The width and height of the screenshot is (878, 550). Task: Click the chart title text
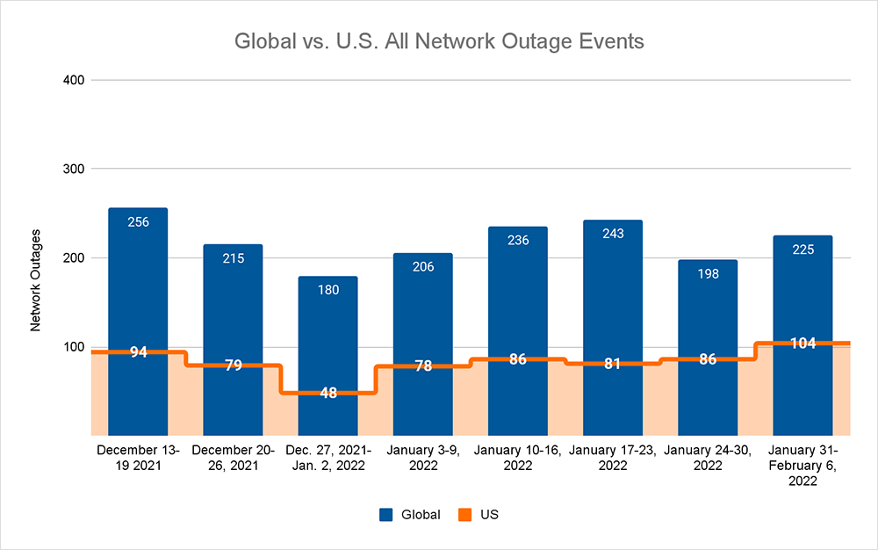(x=438, y=41)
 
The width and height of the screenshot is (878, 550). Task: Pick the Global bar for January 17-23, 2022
(x=612, y=290)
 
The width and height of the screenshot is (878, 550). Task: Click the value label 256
(x=138, y=222)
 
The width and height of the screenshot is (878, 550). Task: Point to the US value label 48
(x=327, y=393)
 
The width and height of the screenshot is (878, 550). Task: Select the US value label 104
(x=802, y=344)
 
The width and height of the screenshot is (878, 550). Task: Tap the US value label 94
(x=138, y=352)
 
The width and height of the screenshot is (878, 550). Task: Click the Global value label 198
(x=708, y=274)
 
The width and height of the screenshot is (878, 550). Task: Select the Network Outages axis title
(x=36, y=279)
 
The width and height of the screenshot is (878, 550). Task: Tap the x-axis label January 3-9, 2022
(x=422, y=458)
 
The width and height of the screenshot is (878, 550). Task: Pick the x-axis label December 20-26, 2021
(x=233, y=458)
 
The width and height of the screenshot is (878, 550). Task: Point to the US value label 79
(x=233, y=365)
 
